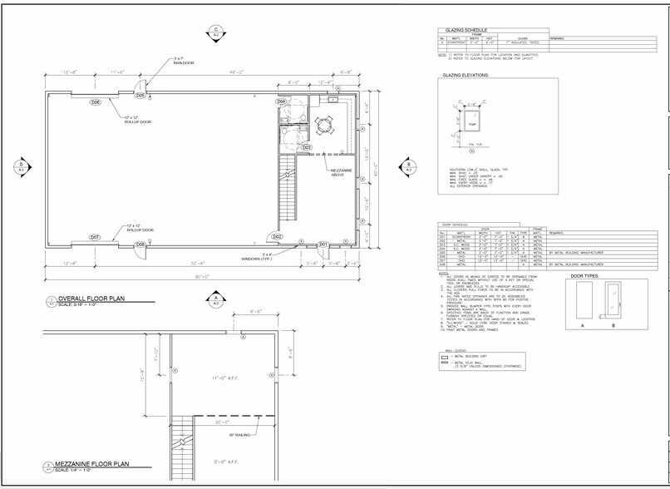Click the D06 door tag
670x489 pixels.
tap(96, 102)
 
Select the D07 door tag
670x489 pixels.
tap(96, 237)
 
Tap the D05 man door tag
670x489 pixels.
tap(141, 96)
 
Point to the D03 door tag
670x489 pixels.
tap(307, 147)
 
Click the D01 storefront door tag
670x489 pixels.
tap(324, 244)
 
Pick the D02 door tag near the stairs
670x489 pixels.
tap(278, 237)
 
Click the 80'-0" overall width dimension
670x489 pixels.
tap(201, 277)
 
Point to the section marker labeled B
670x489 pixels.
tap(408, 165)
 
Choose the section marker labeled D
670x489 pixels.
tap(19, 165)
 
